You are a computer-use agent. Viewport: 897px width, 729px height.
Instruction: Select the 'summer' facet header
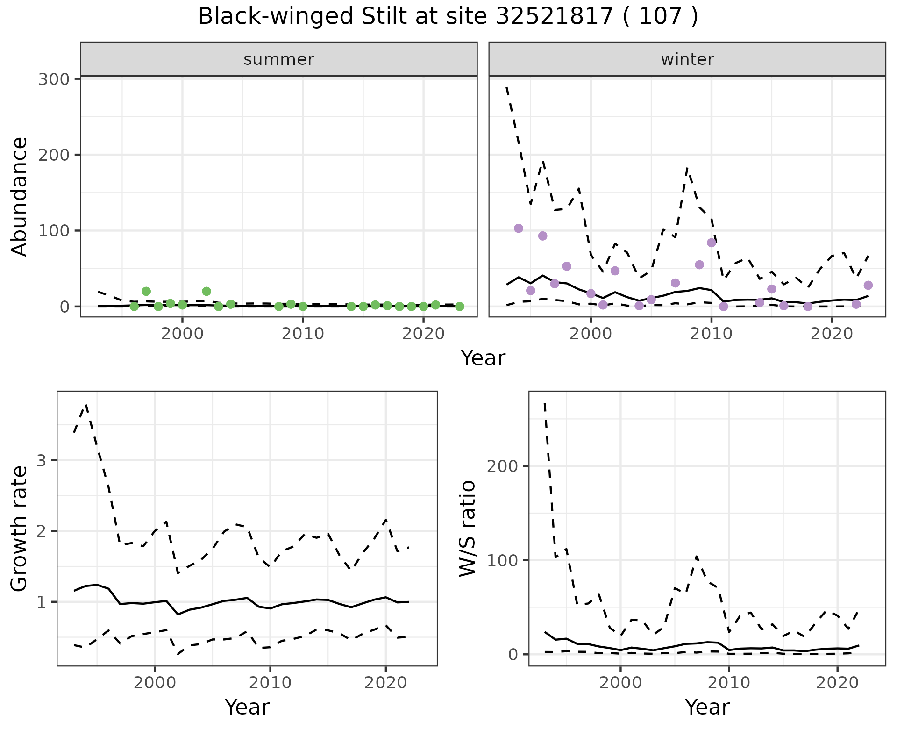278,59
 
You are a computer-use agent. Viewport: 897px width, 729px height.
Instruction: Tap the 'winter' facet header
687,59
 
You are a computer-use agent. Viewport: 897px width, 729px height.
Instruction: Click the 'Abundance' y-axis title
19,197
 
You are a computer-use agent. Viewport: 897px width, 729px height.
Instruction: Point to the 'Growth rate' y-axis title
19,529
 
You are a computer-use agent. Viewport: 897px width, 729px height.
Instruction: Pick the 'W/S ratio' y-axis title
468,529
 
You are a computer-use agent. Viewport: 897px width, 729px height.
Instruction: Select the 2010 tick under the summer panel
303,334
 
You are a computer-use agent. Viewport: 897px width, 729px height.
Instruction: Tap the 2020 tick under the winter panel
832,334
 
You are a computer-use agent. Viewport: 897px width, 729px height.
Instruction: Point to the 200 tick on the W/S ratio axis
503,466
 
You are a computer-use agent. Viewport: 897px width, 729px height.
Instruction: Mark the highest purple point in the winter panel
519,228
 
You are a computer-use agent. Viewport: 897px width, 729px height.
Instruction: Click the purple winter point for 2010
712,243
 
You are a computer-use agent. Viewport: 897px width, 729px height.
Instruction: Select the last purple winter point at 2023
868,285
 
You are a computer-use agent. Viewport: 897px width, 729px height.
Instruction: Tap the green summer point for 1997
146,291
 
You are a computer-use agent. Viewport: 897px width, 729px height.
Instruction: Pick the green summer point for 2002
206,291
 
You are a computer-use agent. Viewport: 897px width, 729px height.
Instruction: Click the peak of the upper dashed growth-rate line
86,405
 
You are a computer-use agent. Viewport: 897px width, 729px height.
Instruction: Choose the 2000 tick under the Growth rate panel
155,683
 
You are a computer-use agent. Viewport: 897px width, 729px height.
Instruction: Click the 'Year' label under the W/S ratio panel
707,708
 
